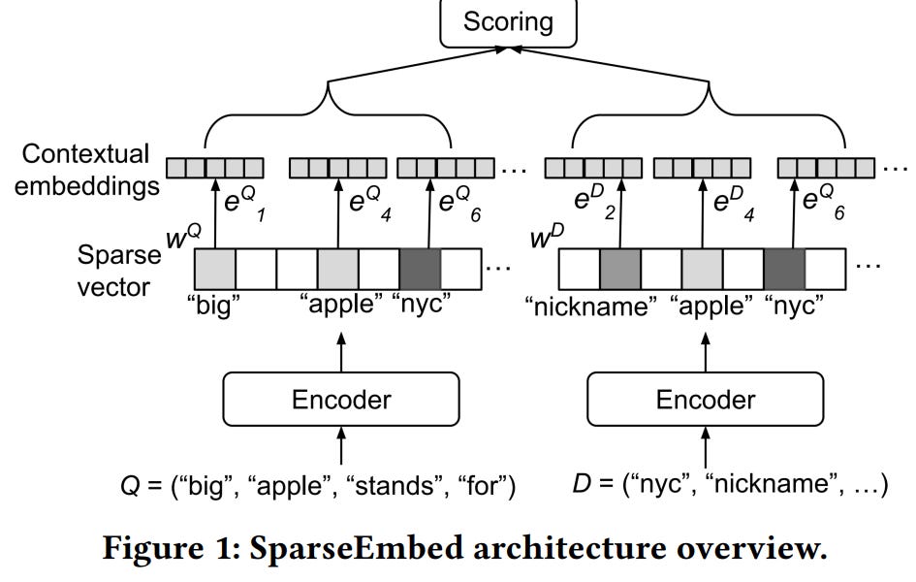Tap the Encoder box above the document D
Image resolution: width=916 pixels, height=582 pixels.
coord(705,400)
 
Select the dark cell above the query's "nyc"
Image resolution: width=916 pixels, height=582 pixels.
coord(419,268)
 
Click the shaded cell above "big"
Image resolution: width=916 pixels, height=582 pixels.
coord(214,268)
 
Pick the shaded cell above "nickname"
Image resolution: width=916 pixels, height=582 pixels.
coord(620,268)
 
